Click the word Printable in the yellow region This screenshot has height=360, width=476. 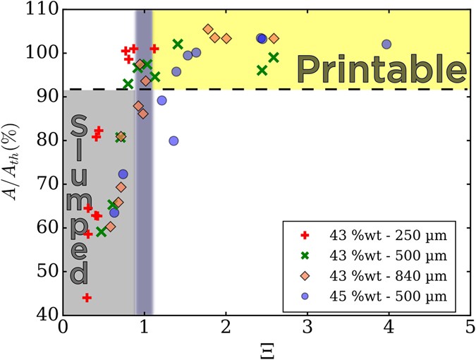382,68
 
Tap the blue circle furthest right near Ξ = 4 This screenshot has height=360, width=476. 386,44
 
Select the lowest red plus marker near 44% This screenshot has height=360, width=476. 87,297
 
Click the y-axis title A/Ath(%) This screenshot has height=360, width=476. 15,161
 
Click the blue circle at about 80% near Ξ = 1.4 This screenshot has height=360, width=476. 173,140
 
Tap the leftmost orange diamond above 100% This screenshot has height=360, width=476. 208,30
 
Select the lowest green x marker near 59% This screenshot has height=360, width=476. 102,231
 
